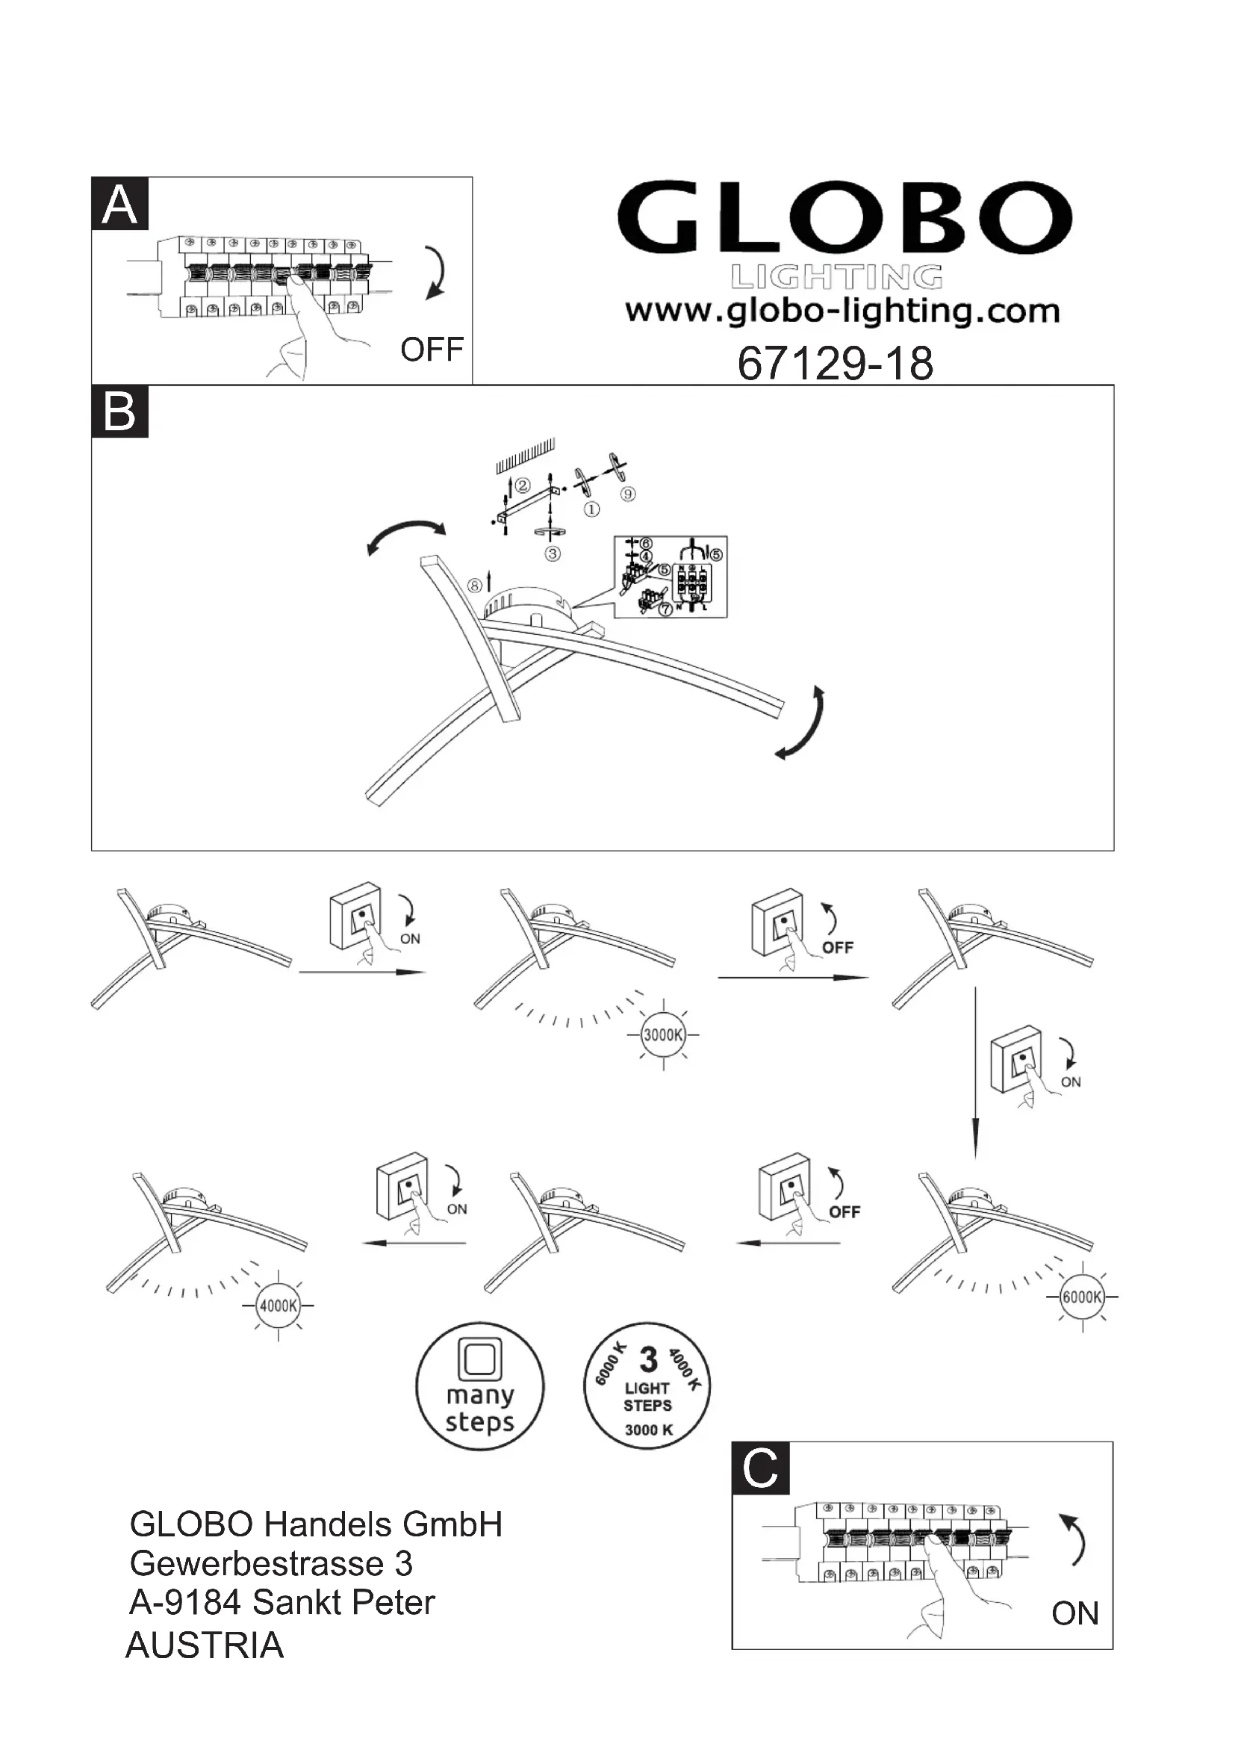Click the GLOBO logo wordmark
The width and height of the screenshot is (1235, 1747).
point(844,218)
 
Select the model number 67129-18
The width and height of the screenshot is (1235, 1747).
point(835,364)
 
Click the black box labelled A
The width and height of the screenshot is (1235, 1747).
point(119,204)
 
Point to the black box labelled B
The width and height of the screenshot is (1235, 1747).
point(119,412)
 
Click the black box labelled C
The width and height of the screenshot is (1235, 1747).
point(759,1467)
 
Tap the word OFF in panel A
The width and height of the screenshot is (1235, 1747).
point(431,350)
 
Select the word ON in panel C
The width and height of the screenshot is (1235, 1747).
point(1074,1613)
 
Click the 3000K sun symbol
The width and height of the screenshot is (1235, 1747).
point(663,1034)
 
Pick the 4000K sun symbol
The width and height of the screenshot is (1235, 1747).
point(279,1306)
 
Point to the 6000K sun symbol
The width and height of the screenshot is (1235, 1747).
point(1081,1297)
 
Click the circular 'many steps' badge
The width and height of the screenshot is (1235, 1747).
point(480,1386)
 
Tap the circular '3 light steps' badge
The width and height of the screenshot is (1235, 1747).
point(647,1385)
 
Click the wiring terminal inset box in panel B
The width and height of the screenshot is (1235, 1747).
point(670,577)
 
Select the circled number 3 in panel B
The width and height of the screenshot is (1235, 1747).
point(553,554)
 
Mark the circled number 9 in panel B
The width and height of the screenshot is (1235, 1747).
point(627,494)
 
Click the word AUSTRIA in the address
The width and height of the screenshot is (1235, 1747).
point(205,1646)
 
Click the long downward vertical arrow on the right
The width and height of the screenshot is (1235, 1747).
point(975,1073)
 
